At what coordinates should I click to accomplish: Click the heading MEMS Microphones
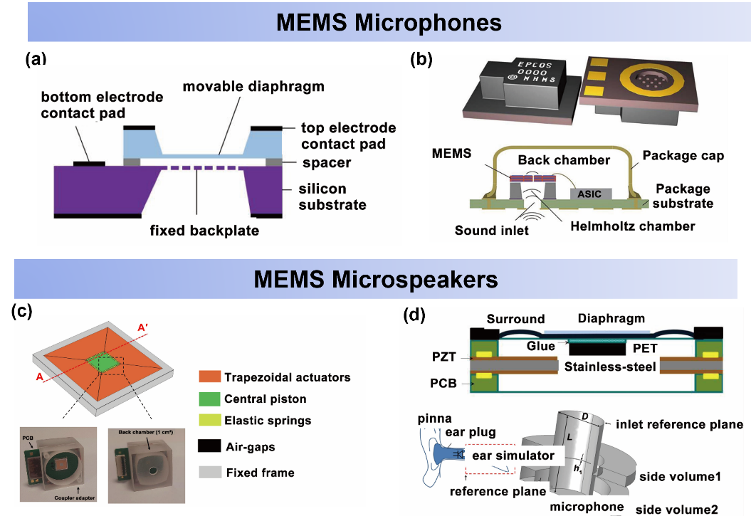(x=389, y=22)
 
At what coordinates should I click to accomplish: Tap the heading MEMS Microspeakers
(x=376, y=279)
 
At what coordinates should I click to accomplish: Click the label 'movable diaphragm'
(x=253, y=87)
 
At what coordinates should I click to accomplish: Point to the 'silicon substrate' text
(x=332, y=197)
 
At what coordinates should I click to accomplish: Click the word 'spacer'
(x=326, y=162)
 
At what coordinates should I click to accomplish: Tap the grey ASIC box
(x=589, y=194)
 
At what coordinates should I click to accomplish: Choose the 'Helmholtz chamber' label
(x=632, y=226)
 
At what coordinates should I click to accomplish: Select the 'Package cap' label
(x=683, y=156)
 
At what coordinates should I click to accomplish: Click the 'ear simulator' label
(x=514, y=456)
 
